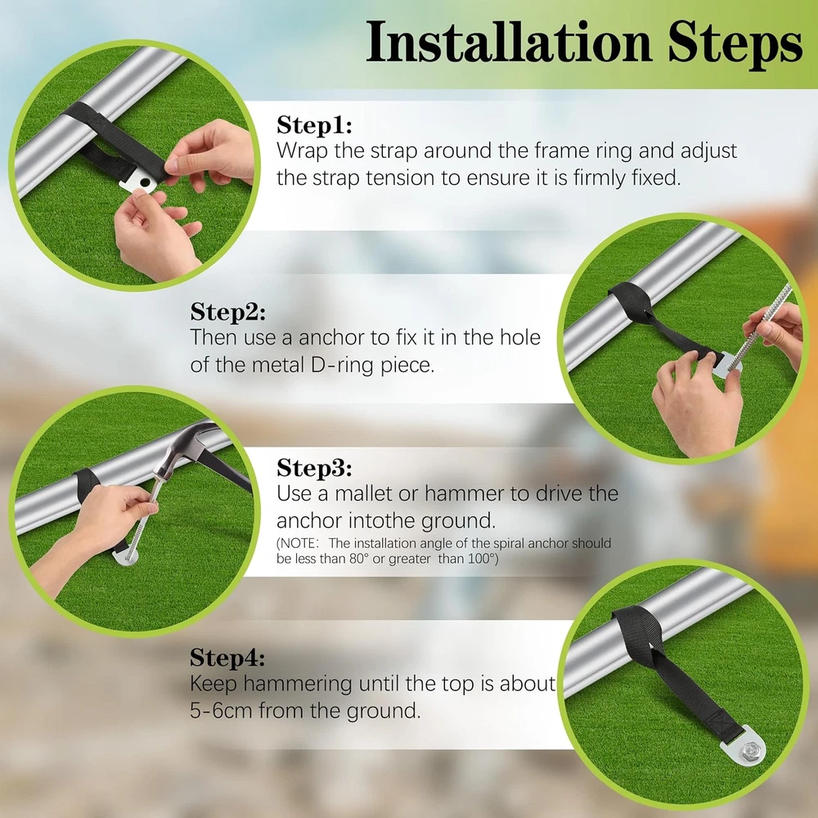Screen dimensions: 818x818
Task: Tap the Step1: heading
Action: click(314, 125)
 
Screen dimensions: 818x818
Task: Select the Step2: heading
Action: click(228, 312)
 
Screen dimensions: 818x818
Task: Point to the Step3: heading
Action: click(314, 468)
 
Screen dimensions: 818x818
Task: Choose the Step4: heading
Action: click(227, 658)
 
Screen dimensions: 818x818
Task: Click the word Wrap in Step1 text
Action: click(302, 151)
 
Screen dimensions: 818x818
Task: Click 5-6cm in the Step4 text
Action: click(221, 711)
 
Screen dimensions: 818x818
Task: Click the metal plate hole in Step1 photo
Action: click(145, 183)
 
